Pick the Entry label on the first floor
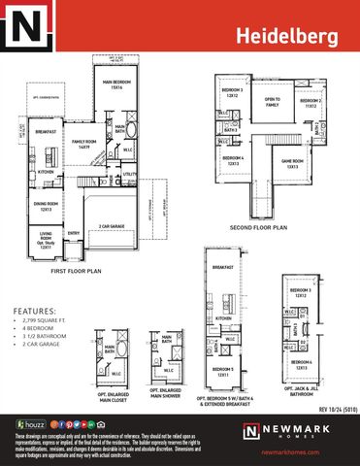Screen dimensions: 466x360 click(x=74, y=233)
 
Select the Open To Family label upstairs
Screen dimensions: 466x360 click(x=272, y=101)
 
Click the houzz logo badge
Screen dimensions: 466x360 click(x=26, y=424)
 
